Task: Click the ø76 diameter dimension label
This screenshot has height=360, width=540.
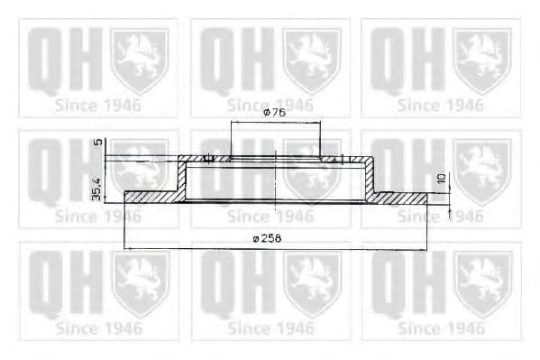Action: click(274, 113)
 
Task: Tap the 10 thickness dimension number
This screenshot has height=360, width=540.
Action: click(442, 180)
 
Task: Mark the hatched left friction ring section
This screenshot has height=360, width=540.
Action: click(151, 196)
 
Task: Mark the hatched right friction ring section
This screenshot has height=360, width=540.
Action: click(401, 196)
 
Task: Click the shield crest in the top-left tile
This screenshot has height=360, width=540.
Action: click(139, 60)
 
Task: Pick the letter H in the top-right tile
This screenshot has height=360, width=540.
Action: click(424, 60)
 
